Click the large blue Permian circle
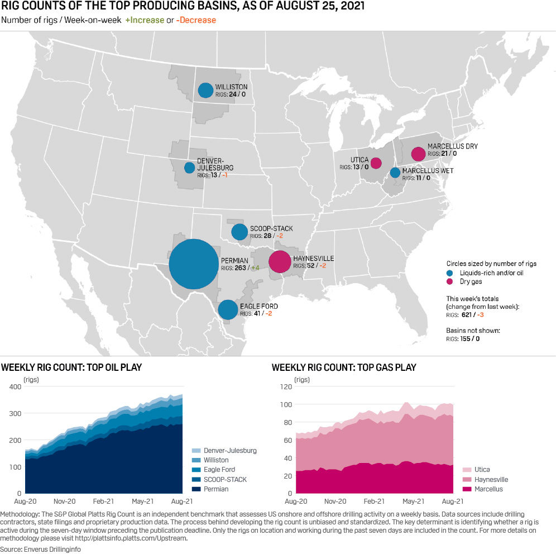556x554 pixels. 193,264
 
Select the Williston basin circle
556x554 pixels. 205,90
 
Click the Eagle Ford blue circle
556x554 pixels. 228,309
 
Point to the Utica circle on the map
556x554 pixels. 376,163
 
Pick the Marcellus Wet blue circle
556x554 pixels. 395,173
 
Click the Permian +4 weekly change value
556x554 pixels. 255,268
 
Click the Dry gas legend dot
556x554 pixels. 449,282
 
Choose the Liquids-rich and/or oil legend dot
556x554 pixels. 449,273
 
